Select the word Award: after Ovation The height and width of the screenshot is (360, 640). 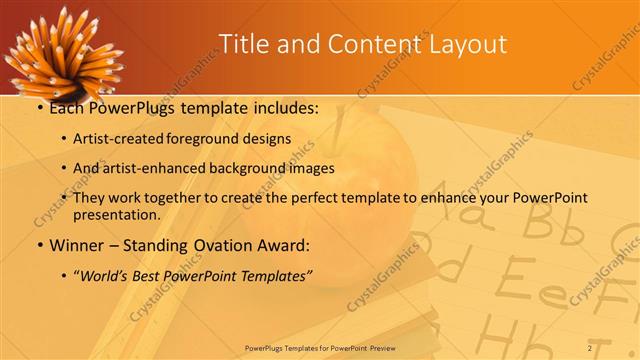click(x=286, y=245)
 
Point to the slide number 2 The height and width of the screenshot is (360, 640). click(x=591, y=347)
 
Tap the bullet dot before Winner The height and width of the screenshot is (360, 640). click(x=39, y=246)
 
